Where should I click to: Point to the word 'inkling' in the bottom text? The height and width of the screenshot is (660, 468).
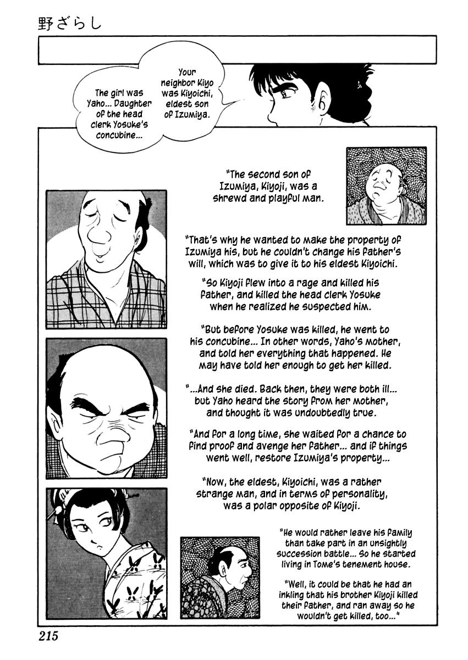tap(296, 595)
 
